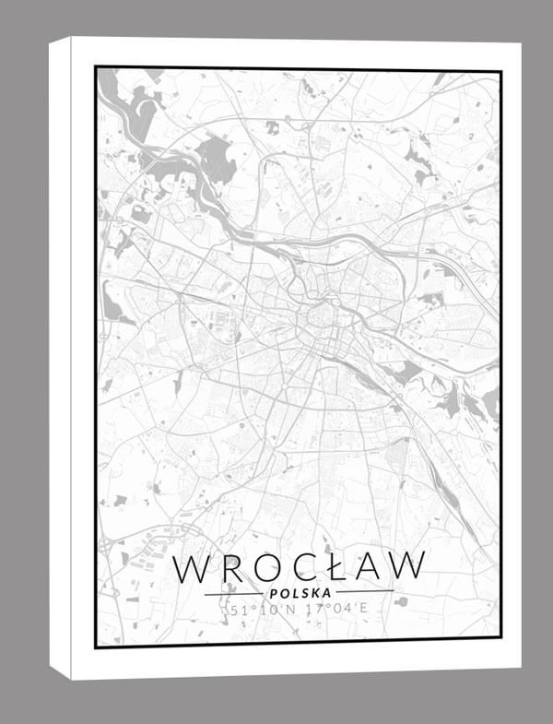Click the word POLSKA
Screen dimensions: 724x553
point(300,592)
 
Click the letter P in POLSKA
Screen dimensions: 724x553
point(269,592)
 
